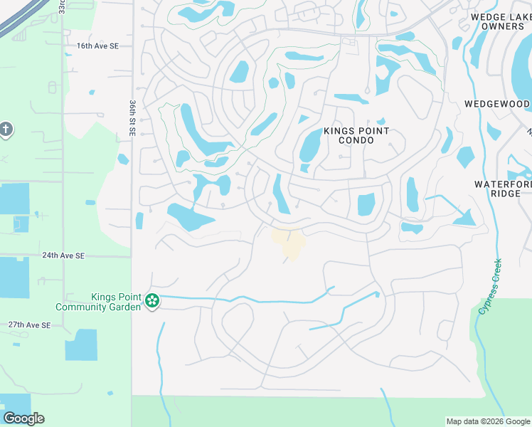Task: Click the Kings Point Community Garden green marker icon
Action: pos(151,302)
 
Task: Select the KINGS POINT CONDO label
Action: pos(356,135)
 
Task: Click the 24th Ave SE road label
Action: pos(63,255)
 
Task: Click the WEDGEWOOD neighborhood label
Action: pos(497,104)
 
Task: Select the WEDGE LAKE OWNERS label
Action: pos(497,21)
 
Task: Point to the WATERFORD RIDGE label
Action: pos(502,189)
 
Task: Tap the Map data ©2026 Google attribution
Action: pos(488,421)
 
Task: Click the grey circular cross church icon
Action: pos(6,130)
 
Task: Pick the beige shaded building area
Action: pos(289,242)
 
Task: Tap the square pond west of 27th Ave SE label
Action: pos(81,345)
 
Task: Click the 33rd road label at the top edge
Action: pos(62,6)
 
